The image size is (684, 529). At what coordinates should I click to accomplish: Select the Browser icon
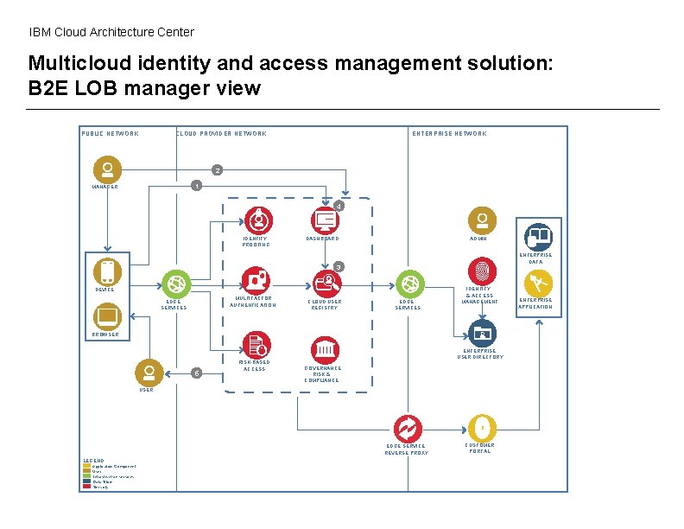(x=106, y=316)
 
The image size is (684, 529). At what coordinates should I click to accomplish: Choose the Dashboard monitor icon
(x=325, y=220)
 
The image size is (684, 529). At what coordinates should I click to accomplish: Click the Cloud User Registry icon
(x=325, y=282)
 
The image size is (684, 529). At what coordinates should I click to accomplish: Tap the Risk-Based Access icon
(x=256, y=344)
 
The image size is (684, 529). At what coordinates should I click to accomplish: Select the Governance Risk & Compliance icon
(x=325, y=350)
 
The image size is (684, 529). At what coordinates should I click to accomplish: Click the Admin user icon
(x=479, y=220)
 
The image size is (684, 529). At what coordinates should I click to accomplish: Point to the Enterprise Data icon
(x=538, y=235)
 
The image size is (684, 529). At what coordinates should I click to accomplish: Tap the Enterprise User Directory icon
(x=480, y=333)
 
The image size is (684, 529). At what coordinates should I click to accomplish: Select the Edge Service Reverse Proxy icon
(x=406, y=428)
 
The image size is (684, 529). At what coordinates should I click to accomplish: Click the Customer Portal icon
(x=480, y=428)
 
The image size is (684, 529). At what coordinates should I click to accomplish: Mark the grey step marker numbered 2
(x=218, y=169)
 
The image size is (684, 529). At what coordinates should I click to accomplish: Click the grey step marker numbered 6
(x=197, y=373)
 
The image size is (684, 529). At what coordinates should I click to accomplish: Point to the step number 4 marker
(x=339, y=206)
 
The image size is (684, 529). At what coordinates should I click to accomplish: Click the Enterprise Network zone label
(x=449, y=133)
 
